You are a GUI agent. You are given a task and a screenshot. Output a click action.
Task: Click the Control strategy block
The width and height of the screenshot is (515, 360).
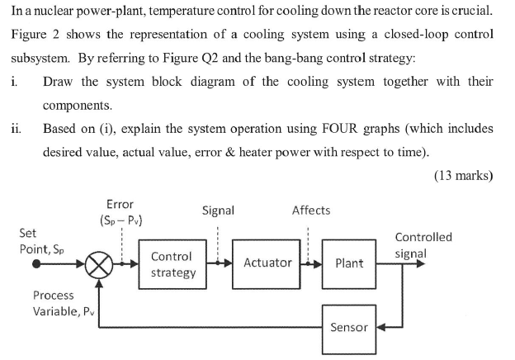tap(172, 263)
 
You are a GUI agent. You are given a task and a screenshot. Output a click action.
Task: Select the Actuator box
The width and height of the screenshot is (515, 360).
tap(267, 263)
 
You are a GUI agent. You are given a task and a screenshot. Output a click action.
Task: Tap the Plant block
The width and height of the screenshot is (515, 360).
tap(349, 263)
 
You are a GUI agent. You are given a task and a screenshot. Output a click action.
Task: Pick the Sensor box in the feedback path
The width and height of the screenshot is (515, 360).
tap(349, 327)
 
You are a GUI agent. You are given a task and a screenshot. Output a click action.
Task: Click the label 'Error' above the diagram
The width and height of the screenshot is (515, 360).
tap(120, 204)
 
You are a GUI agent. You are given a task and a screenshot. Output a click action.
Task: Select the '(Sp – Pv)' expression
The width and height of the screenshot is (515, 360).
tap(120, 220)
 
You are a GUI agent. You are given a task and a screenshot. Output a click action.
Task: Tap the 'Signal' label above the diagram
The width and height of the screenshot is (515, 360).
tap(218, 211)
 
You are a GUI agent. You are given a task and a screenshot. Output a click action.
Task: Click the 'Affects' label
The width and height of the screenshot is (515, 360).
tap(311, 211)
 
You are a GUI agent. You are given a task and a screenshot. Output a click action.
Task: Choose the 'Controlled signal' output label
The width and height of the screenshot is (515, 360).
tap(423, 245)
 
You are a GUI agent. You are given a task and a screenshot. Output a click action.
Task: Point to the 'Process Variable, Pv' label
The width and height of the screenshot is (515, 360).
tap(54, 303)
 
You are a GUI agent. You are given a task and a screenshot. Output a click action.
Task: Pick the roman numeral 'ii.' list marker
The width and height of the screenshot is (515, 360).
tap(17, 129)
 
